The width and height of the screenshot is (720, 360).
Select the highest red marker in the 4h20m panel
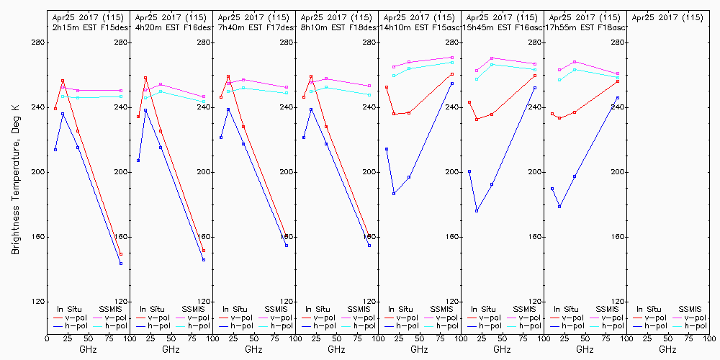145,78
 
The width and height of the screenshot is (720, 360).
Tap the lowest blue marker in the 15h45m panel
477,211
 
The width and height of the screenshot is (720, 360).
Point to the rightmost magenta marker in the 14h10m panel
452,57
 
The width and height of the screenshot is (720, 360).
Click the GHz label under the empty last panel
667,349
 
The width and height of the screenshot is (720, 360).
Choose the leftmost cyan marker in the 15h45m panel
477,78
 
